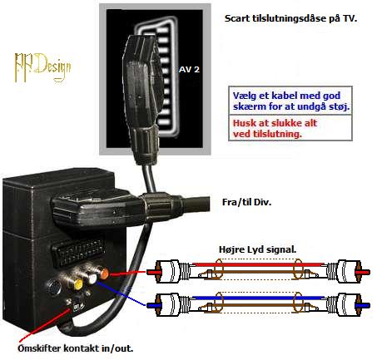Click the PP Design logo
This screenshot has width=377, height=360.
coord(42,67)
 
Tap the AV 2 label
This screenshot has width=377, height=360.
coord(189,69)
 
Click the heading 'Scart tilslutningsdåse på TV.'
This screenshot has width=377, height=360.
coord(290,18)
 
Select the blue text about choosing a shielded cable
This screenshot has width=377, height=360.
coord(291,101)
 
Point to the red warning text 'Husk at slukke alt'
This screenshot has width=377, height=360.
coord(275,123)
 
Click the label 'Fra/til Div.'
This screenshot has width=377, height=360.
coord(246,202)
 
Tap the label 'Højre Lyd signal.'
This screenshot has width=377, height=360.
coord(258,249)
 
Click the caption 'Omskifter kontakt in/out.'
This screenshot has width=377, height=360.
coord(76,348)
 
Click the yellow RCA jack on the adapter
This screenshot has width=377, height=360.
coord(77,284)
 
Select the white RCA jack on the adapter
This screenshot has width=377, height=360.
coord(92,279)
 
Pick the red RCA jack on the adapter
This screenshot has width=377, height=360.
coord(103,274)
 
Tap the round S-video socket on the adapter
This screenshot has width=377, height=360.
coord(54,288)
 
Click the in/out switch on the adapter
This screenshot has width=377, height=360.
coord(76,305)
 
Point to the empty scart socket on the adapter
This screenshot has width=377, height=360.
coord(78,251)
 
